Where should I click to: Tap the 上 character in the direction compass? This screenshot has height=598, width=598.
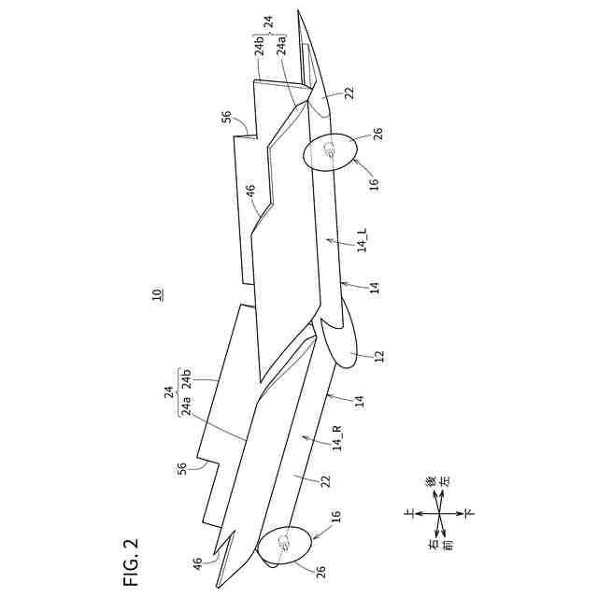408,512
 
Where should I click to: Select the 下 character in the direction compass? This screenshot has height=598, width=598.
469,512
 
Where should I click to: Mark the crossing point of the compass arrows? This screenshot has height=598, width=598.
439,512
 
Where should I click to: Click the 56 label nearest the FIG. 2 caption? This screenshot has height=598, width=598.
183,467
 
